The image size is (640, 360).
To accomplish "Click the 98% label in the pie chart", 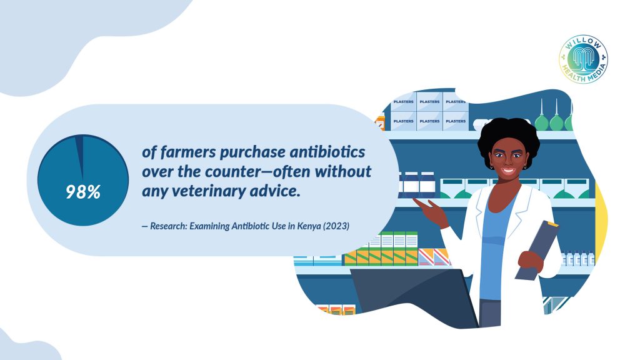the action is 83,192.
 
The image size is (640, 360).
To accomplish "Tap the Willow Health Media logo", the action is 583,59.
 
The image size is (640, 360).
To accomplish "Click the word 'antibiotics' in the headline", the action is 327,152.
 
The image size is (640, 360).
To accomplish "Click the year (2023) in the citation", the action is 336,226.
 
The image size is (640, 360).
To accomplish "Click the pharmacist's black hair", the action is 509,137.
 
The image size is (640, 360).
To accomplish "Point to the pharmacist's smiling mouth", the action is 508,170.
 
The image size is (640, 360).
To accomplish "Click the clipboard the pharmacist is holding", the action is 536,250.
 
